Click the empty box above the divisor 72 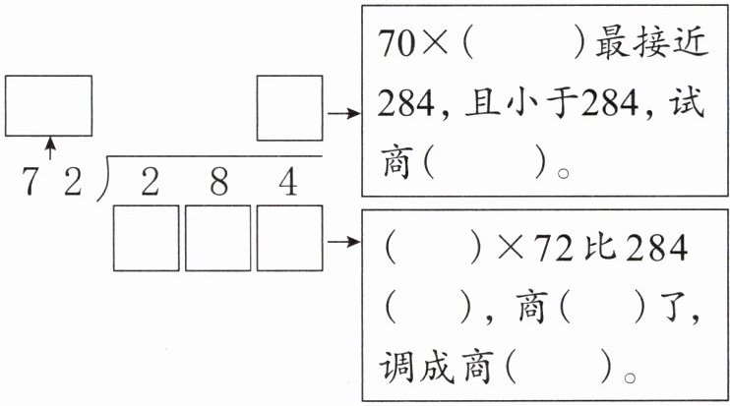pyautogui.click(x=48, y=105)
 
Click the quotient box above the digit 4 pyautogui.click(x=289, y=107)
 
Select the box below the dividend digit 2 pyautogui.click(x=147, y=238)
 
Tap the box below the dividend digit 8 pyautogui.click(x=217, y=238)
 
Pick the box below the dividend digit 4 pyautogui.click(x=289, y=238)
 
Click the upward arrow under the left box pyautogui.click(x=50, y=149)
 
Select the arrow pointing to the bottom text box pyautogui.click(x=341, y=239)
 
